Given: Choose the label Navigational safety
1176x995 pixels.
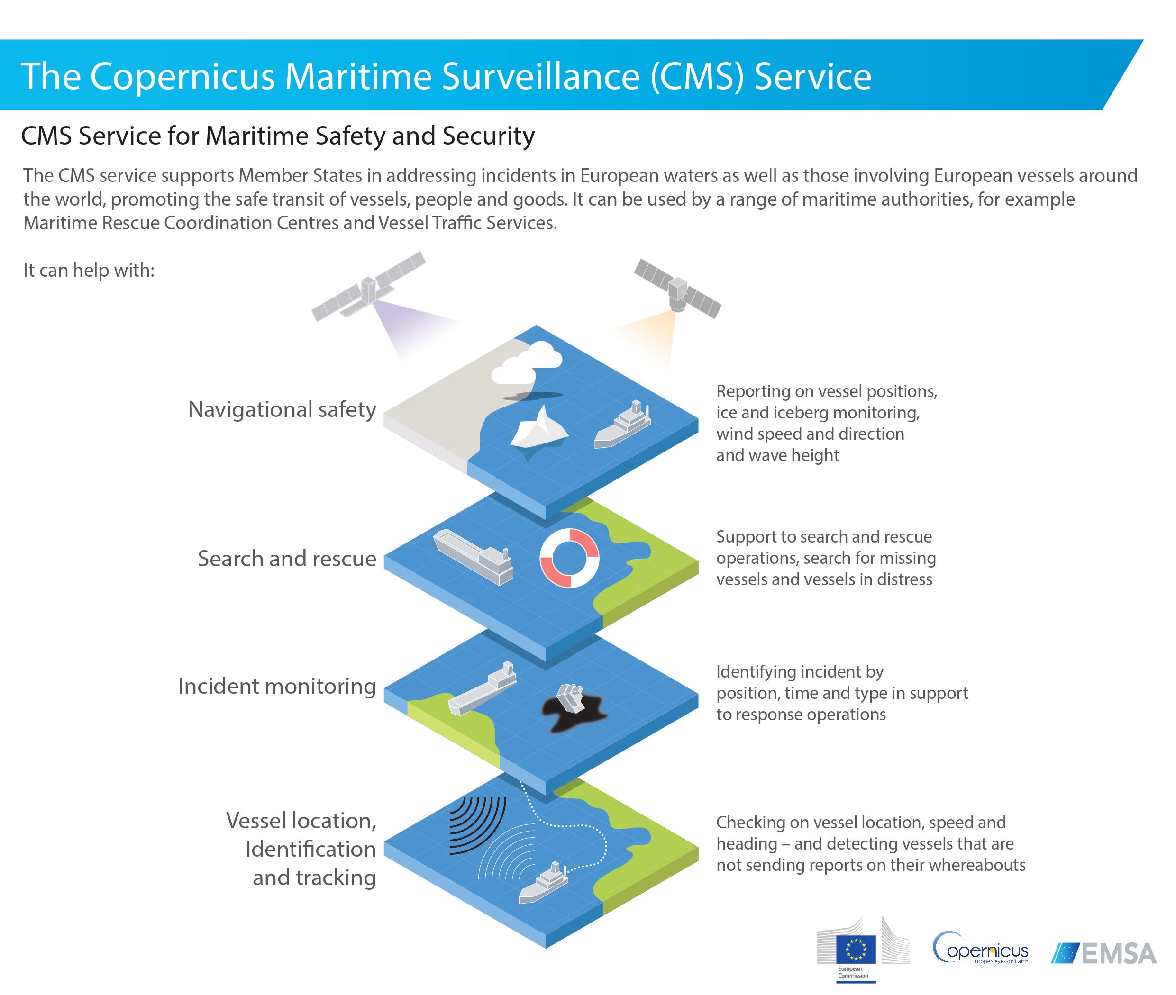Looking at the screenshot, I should click(x=282, y=409).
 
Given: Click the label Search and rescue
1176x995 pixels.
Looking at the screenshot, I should click(x=287, y=559).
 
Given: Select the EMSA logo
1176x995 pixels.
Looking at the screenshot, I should click(x=1103, y=953).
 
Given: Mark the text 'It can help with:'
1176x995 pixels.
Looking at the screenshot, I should click(x=89, y=270).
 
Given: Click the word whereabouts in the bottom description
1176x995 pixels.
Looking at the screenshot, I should click(x=974, y=865).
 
